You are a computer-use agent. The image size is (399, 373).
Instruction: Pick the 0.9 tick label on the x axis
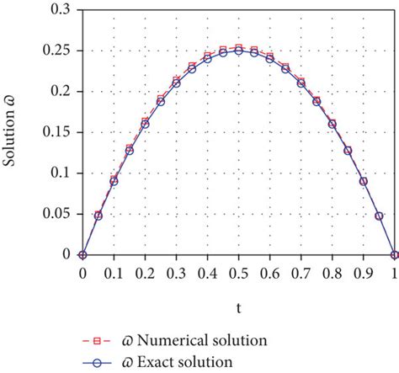364,273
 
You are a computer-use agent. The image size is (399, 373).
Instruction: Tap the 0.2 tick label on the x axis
145,273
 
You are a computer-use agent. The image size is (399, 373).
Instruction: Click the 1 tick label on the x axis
395,273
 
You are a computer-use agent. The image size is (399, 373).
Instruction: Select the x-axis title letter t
238,309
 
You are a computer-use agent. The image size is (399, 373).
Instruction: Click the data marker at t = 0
82,254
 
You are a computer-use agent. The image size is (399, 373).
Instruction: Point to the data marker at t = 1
395,254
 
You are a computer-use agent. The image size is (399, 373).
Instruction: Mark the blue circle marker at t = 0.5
238,51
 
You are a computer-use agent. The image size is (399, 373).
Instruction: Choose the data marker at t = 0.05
98,215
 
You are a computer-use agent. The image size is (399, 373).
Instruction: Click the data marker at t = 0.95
379,215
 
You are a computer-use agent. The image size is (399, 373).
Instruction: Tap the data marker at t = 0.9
364,181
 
